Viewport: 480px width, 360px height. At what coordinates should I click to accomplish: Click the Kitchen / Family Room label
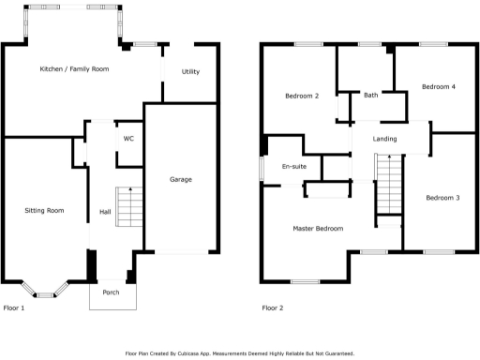(x=74, y=69)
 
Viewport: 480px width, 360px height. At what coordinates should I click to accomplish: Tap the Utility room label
(x=190, y=72)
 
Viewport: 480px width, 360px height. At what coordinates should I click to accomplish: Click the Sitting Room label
(x=44, y=211)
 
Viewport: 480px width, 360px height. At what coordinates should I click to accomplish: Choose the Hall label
(x=105, y=212)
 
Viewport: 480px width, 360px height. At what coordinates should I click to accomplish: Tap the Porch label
(x=112, y=292)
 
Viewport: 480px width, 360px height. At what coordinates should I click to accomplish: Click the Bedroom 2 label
(x=302, y=96)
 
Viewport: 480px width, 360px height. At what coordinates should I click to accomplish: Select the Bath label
(x=371, y=95)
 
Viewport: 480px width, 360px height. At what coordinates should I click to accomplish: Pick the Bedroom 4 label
(x=438, y=87)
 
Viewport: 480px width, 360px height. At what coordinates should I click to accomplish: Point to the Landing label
(x=384, y=140)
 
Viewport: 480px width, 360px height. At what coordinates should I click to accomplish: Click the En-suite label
(x=294, y=167)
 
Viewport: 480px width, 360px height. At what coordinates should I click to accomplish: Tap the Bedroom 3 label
(x=442, y=198)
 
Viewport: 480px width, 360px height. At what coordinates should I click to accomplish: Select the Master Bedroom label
(x=317, y=229)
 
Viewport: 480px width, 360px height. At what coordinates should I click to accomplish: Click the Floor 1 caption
(x=14, y=307)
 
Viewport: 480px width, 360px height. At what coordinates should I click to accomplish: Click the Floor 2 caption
(x=272, y=307)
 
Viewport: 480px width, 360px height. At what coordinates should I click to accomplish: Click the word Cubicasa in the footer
(x=202, y=353)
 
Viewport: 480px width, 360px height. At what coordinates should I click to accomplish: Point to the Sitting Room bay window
(x=46, y=291)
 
